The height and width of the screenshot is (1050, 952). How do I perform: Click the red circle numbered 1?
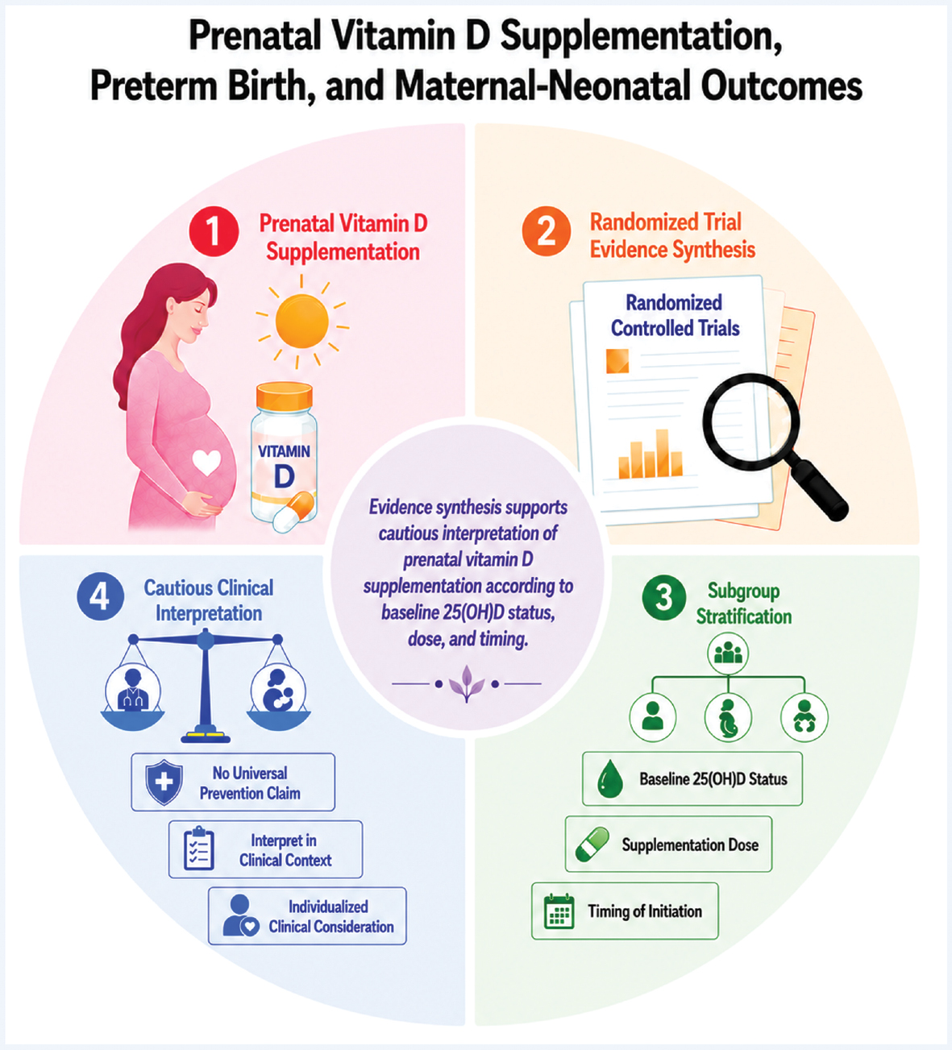click(214, 230)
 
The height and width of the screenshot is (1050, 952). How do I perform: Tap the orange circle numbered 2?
click(547, 230)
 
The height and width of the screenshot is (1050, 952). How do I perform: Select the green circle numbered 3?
click(664, 597)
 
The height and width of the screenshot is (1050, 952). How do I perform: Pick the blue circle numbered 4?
click(101, 596)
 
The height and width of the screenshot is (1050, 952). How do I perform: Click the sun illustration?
click(302, 321)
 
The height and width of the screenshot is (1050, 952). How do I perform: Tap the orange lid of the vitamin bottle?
click(285, 396)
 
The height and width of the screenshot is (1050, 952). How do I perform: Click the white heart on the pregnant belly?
click(206, 462)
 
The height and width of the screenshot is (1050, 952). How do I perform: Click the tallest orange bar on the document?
click(662, 453)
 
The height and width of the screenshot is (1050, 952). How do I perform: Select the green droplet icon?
click(610, 778)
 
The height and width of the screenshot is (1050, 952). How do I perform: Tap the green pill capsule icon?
click(592, 844)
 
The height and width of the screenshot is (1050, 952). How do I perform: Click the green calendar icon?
click(559, 911)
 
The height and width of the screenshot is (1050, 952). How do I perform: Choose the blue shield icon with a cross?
click(164, 782)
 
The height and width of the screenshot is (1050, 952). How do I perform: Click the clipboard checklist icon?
click(199, 848)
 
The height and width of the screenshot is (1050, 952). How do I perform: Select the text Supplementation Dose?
click(690, 845)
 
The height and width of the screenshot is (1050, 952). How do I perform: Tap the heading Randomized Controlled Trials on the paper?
click(675, 315)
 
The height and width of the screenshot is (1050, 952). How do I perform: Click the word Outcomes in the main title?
click(781, 86)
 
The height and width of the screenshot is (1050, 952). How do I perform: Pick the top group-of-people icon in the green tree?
click(728, 653)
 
